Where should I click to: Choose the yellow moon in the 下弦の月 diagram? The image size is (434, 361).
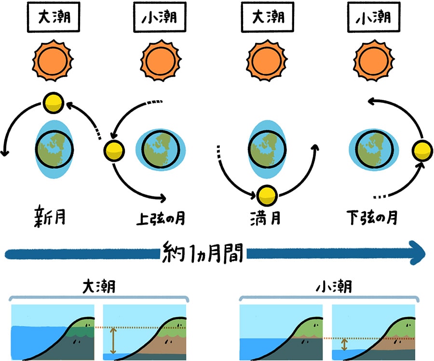coord(422,151)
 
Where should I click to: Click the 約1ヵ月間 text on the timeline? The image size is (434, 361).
coord(203,253)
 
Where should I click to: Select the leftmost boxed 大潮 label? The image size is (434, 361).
coord(52,19)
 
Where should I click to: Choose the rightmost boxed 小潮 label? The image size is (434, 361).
coord(372,19)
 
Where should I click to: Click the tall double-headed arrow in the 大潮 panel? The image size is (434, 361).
coord(113,341)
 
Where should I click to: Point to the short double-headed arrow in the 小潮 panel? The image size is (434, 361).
coord(344,344)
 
